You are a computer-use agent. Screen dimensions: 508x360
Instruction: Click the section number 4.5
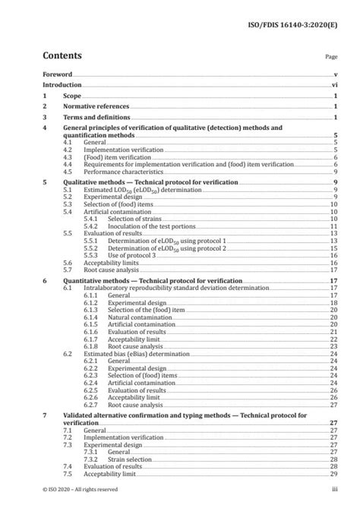(68, 172)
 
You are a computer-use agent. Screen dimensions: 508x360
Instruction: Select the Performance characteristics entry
(117, 172)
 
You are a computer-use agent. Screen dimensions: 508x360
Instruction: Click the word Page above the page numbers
(331, 56)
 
